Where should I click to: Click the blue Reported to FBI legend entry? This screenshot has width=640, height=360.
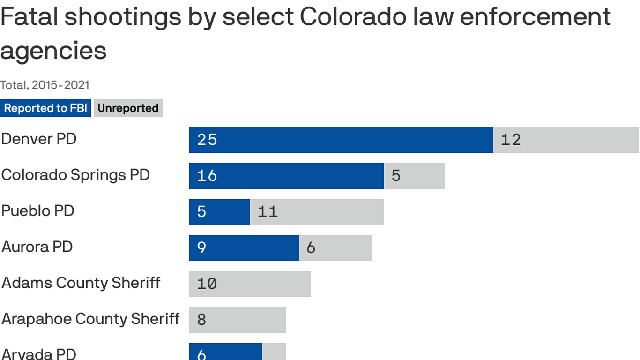pos(45,108)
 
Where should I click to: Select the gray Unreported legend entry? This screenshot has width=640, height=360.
pos(128,108)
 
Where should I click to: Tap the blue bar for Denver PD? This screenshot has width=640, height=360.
pos(341,140)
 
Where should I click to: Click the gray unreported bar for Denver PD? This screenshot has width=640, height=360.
pos(566,140)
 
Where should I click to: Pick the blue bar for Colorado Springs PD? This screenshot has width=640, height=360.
pos(286,176)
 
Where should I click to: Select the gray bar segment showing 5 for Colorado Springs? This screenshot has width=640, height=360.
pos(414,176)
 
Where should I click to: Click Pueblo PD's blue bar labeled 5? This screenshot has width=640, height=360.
pos(219,212)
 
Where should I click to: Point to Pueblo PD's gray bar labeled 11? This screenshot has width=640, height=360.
pos(317,212)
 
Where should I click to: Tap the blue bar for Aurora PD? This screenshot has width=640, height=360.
pos(244,248)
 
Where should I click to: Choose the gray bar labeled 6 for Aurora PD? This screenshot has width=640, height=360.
pos(335,248)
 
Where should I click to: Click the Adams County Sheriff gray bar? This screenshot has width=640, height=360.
pos(250,284)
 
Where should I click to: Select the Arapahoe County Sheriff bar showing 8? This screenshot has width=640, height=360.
pos(237,320)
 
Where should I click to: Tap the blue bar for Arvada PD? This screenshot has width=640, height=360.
pos(225,352)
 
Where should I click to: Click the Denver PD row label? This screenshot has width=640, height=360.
pos(39,139)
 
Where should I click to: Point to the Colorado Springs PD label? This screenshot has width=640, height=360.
pos(75,175)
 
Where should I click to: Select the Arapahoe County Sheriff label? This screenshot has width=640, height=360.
pos(90,319)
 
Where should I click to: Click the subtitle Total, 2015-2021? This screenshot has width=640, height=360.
pos(45,85)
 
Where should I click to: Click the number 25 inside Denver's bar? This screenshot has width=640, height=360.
pos(207,140)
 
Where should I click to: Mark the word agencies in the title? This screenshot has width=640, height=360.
pos(53,51)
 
